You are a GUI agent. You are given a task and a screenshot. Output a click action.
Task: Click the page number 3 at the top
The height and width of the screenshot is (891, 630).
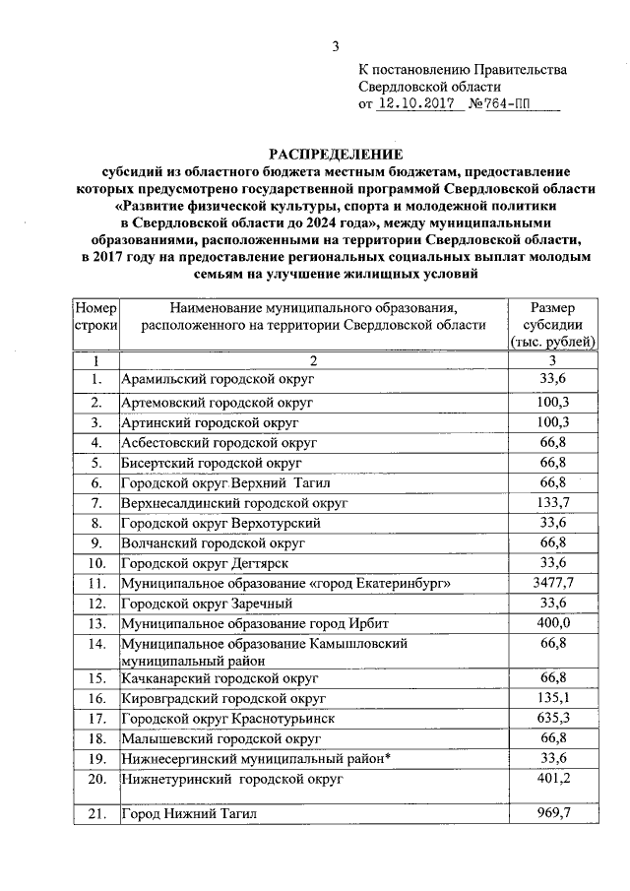click(x=335, y=46)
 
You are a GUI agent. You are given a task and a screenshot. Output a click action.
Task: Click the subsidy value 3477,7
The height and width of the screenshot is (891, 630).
click(x=552, y=583)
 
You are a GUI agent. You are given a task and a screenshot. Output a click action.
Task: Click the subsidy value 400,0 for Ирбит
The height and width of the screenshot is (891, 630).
click(x=552, y=624)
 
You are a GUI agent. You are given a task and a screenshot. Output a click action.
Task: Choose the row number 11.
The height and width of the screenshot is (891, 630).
click(x=96, y=583)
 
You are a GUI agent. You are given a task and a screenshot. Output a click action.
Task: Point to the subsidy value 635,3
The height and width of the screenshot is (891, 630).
click(x=552, y=718)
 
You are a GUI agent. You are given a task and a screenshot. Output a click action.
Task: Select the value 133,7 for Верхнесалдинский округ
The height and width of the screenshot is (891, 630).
click(x=552, y=502)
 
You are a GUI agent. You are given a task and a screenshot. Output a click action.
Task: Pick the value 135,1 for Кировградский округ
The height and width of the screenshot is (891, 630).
click(x=552, y=698)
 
